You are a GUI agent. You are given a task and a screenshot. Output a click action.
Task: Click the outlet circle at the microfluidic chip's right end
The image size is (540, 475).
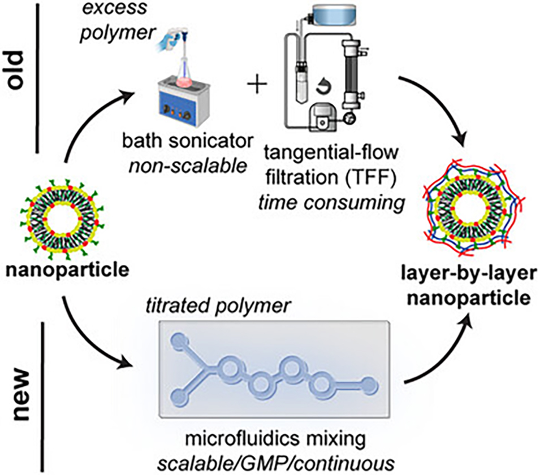[370, 385]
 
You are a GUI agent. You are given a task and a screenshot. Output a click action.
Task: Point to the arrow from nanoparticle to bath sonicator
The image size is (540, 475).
[85, 124]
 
